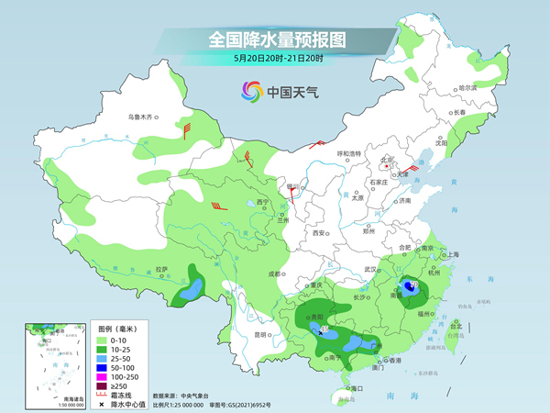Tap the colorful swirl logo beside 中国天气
tap(251, 91)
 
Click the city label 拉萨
tap(161, 269)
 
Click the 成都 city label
tap(273, 273)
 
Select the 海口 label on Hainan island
tap(358, 388)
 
